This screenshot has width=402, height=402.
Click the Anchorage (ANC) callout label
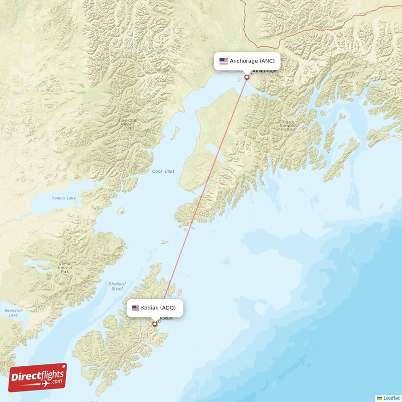point(247,61)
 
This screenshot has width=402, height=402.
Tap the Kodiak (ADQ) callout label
point(154,308)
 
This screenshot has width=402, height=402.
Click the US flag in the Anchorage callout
point(224,61)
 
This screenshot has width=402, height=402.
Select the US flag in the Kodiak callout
point(136,308)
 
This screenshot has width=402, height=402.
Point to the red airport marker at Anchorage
point(247,77)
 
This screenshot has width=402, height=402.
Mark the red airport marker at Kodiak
point(155,324)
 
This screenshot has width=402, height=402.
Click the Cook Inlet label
point(163,171)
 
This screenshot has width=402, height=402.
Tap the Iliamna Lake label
point(64,198)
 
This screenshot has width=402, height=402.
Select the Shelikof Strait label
point(116,286)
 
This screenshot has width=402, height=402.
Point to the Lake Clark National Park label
point(128,124)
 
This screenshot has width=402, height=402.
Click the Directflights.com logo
point(38,377)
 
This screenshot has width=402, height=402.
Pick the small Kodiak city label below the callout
point(166,318)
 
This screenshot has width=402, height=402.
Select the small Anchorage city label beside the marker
point(264,71)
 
